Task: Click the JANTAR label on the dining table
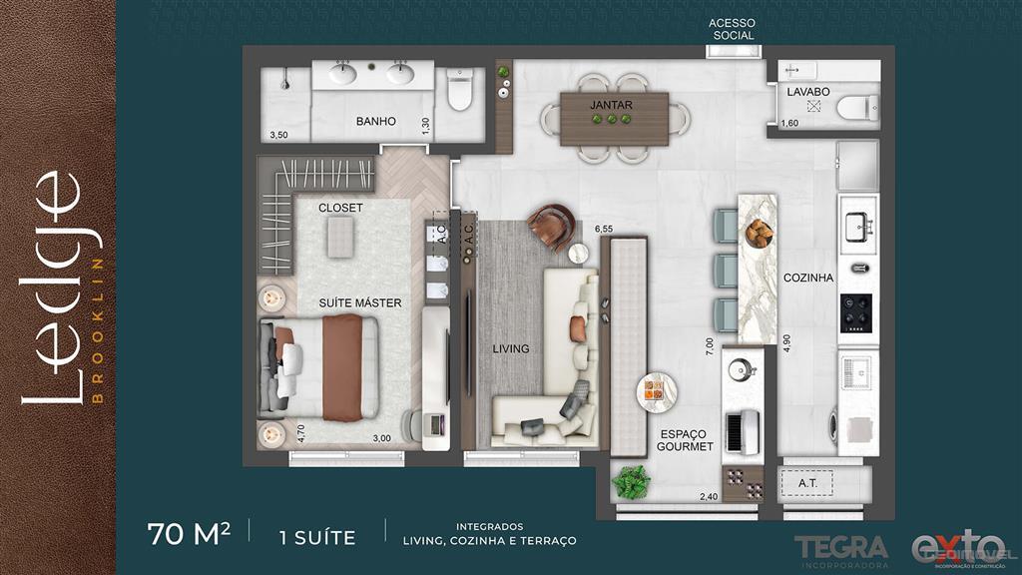tap(612, 104)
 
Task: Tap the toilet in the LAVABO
tap(856, 107)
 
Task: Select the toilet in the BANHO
tap(459, 90)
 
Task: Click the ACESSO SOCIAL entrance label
tap(733, 29)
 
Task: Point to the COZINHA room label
tap(807, 279)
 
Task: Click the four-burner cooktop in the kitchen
tap(856, 312)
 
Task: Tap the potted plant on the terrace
tap(631, 481)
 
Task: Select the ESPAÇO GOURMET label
tap(685, 440)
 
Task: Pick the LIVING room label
tap(510, 349)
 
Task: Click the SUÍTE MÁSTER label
tap(360, 302)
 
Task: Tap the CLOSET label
tap(340, 208)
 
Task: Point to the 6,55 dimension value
tap(605, 229)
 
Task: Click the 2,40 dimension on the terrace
tap(708, 497)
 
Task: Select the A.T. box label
tap(808, 484)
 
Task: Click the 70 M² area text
tap(189, 535)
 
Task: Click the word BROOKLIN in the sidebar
tap(97, 329)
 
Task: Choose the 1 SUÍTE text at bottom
tap(317, 537)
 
